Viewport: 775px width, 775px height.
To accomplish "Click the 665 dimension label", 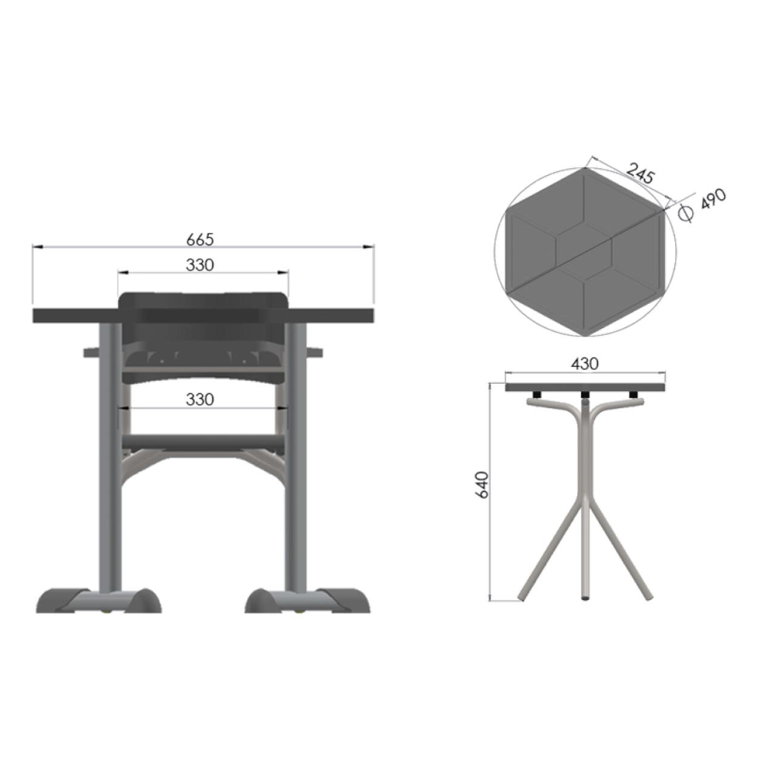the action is [x=200, y=240].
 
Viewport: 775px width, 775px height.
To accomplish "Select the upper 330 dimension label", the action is [x=200, y=265].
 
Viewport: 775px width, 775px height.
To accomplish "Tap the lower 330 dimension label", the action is [x=200, y=400].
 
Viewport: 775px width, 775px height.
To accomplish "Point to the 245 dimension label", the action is [x=640, y=173].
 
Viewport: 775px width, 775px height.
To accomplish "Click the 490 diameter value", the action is [x=713, y=199].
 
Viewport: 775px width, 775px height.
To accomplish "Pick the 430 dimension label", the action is [x=585, y=364].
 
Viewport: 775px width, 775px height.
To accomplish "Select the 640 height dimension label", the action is [x=482, y=485].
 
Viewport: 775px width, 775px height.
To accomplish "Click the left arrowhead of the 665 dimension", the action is [x=38, y=247].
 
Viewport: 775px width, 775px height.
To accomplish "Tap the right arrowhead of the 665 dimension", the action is [x=368, y=247].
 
